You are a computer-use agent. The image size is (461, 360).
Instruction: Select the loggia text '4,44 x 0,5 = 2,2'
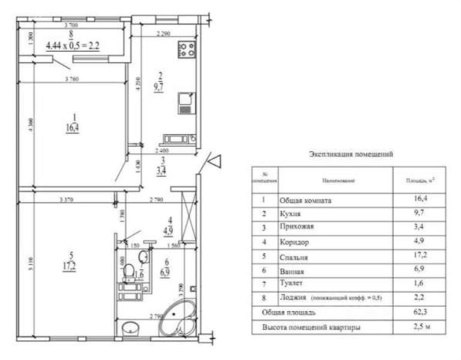[71, 46]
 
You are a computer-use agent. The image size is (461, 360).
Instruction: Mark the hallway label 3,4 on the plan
[163, 168]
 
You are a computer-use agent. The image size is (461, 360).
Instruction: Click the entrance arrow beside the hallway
[213, 160]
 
